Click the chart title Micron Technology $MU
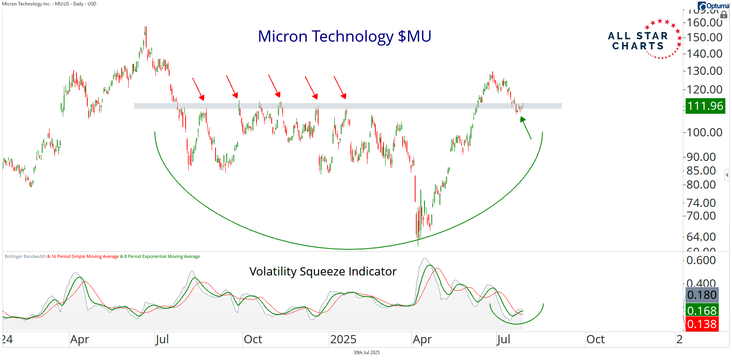[x=344, y=36]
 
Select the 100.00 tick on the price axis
[x=704, y=132]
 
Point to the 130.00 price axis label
[x=704, y=71]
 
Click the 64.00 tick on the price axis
[x=701, y=237]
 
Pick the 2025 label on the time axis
[x=343, y=339]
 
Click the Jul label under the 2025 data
[x=503, y=339]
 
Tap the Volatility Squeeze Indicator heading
[x=323, y=271]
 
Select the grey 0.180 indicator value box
[x=702, y=295]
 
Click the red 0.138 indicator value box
[x=702, y=324]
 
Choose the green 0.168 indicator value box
[x=702, y=311]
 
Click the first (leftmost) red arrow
[x=198, y=89]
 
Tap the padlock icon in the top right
[x=724, y=15]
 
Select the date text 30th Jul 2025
[x=366, y=353]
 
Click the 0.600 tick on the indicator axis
[x=701, y=260]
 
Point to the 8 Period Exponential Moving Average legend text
[x=162, y=256]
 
